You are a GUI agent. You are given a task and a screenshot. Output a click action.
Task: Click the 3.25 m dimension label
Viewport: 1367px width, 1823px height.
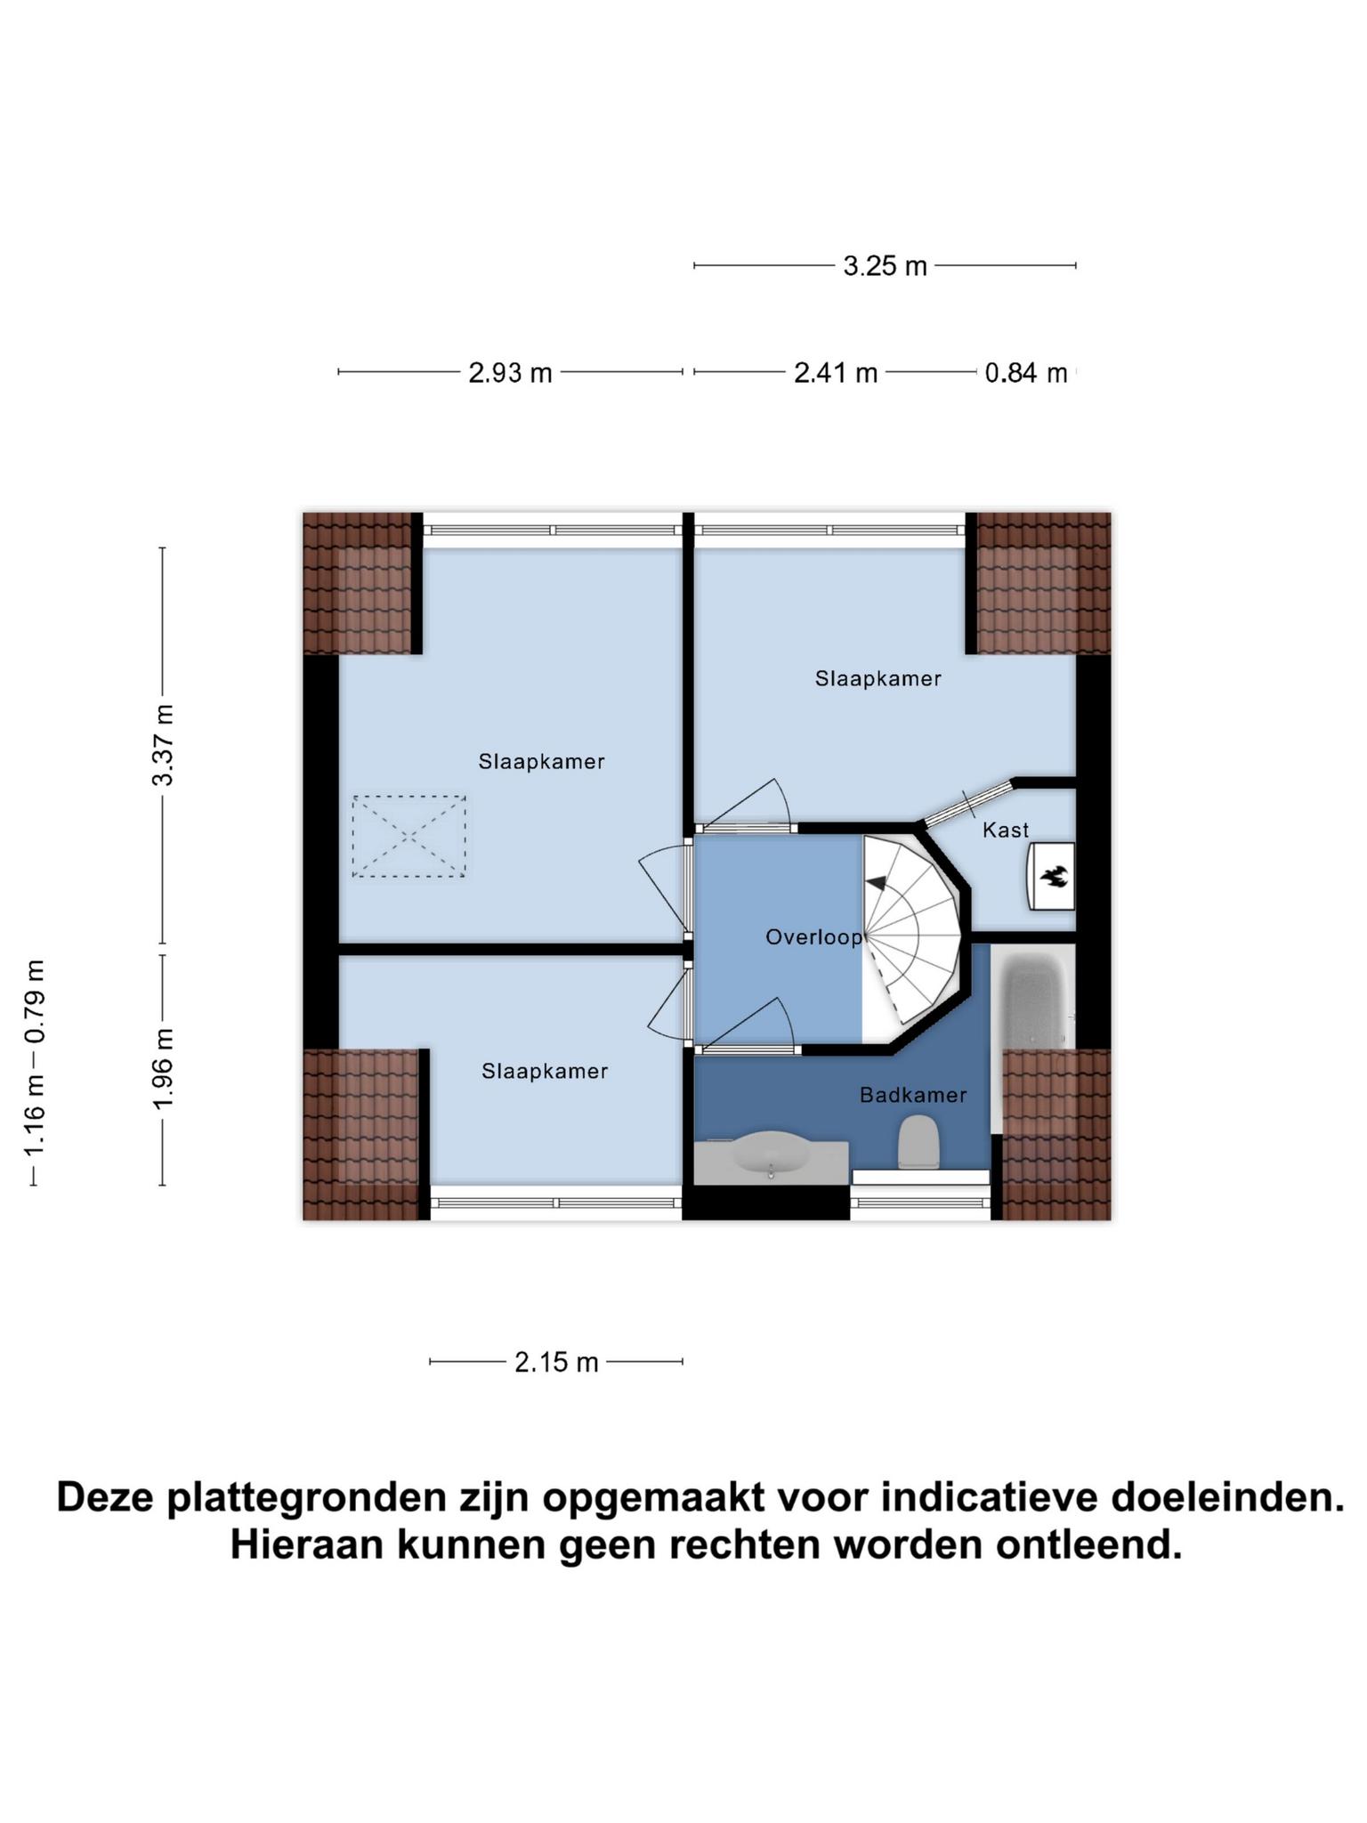tap(885, 266)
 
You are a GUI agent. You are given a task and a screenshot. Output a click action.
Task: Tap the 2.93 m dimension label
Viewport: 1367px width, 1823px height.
tap(511, 373)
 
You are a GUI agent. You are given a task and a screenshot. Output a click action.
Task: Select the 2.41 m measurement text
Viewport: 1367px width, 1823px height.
tap(836, 373)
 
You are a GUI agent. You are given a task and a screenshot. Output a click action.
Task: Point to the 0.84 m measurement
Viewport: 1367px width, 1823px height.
tap(1026, 373)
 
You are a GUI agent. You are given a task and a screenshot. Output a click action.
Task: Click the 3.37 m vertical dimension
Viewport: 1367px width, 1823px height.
tap(163, 745)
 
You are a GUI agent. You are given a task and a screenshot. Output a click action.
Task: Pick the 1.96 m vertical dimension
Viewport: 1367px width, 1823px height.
tap(163, 1069)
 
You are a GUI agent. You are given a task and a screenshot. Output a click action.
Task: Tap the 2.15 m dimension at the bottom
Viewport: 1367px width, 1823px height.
tap(556, 1363)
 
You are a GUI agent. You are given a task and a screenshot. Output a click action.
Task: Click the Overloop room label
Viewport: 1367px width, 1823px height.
tap(814, 937)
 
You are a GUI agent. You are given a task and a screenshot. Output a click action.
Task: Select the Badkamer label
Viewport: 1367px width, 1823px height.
tap(913, 1095)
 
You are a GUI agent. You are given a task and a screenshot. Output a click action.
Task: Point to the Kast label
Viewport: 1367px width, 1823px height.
tap(1006, 830)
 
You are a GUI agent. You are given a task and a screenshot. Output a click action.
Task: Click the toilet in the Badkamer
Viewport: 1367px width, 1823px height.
tap(919, 1142)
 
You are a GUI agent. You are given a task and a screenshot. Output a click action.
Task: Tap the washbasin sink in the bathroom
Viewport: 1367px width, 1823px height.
tap(771, 1155)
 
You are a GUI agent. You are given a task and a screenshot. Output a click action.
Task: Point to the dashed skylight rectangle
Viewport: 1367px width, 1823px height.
tap(408, 837)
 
